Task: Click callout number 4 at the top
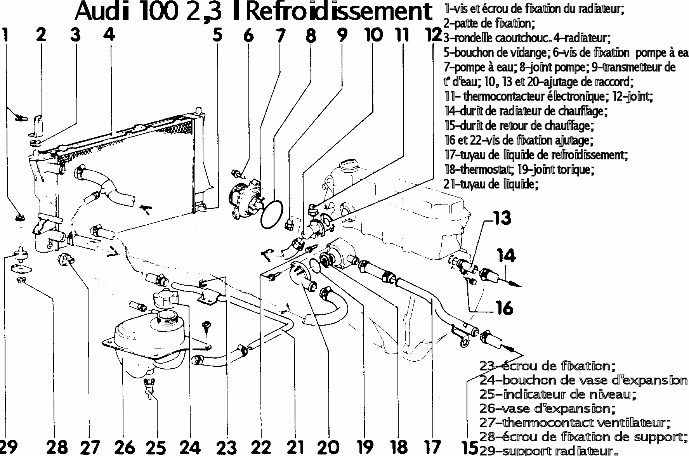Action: click(109, 35)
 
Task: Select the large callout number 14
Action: click(507, 256)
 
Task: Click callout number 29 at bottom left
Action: click(9, 447)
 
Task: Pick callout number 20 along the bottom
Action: click(328, 447)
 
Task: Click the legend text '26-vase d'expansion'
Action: click(547, 409)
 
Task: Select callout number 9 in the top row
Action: click(342, 35)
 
